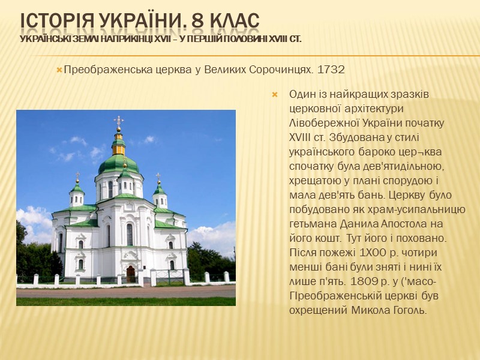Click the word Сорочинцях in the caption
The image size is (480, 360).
click(280, 70)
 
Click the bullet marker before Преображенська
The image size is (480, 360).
click(59, 70)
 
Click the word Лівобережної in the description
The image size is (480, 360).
click(319, 122)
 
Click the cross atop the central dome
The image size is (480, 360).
click(119, 121)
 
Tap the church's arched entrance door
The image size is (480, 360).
click(131, 274)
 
